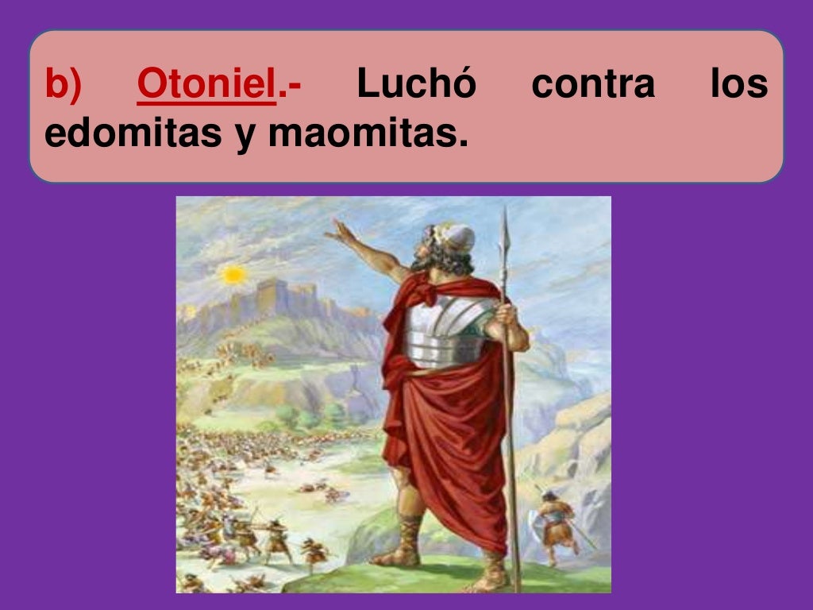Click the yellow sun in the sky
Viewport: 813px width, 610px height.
[x=233, y=275]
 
